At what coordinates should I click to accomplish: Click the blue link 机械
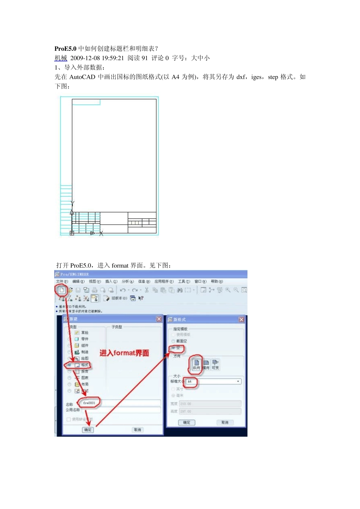(x=61, y=58)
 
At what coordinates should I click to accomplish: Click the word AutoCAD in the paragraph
(x=82, y=77)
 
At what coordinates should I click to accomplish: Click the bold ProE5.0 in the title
(x=66, y=48)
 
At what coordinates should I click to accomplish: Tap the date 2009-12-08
(x=85, y=58)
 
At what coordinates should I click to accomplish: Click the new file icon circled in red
(x=61, y=290)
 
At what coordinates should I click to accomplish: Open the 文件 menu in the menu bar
(x=62, y=281)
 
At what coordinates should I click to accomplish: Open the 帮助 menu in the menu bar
(x=217, y=281)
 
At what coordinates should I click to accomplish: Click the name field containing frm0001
(x=89, y=403)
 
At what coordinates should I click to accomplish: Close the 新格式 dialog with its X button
(x=241, y=320)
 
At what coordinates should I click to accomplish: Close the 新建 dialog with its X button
(x=159, y=319)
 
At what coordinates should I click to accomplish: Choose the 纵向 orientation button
(x=196, y=364)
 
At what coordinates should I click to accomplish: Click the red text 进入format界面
(x=124, y=353)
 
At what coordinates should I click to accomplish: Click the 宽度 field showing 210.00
(x=210, y=404)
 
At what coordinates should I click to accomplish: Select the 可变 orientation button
(x=215, y=364)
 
